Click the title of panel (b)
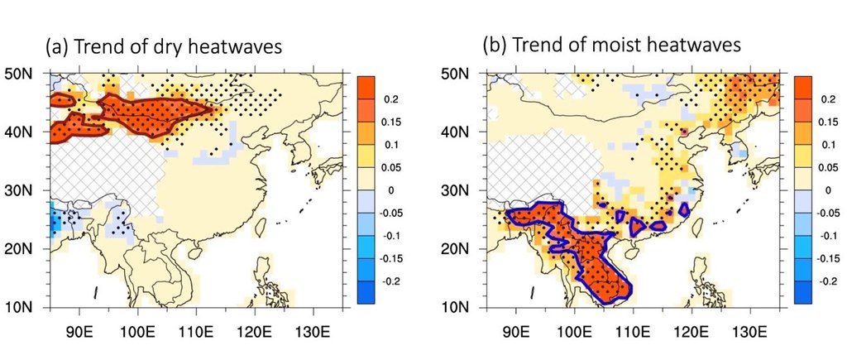[x=611, y=47]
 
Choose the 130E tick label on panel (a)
[x=313, y=329]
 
